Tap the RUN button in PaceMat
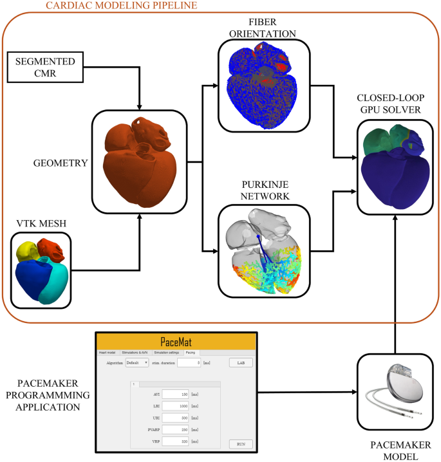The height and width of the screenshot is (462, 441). [x=241, y=444]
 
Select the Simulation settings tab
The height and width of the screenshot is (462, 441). [x=167, y=353]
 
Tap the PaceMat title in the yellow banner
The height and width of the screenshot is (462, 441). [x=176, y=342]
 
